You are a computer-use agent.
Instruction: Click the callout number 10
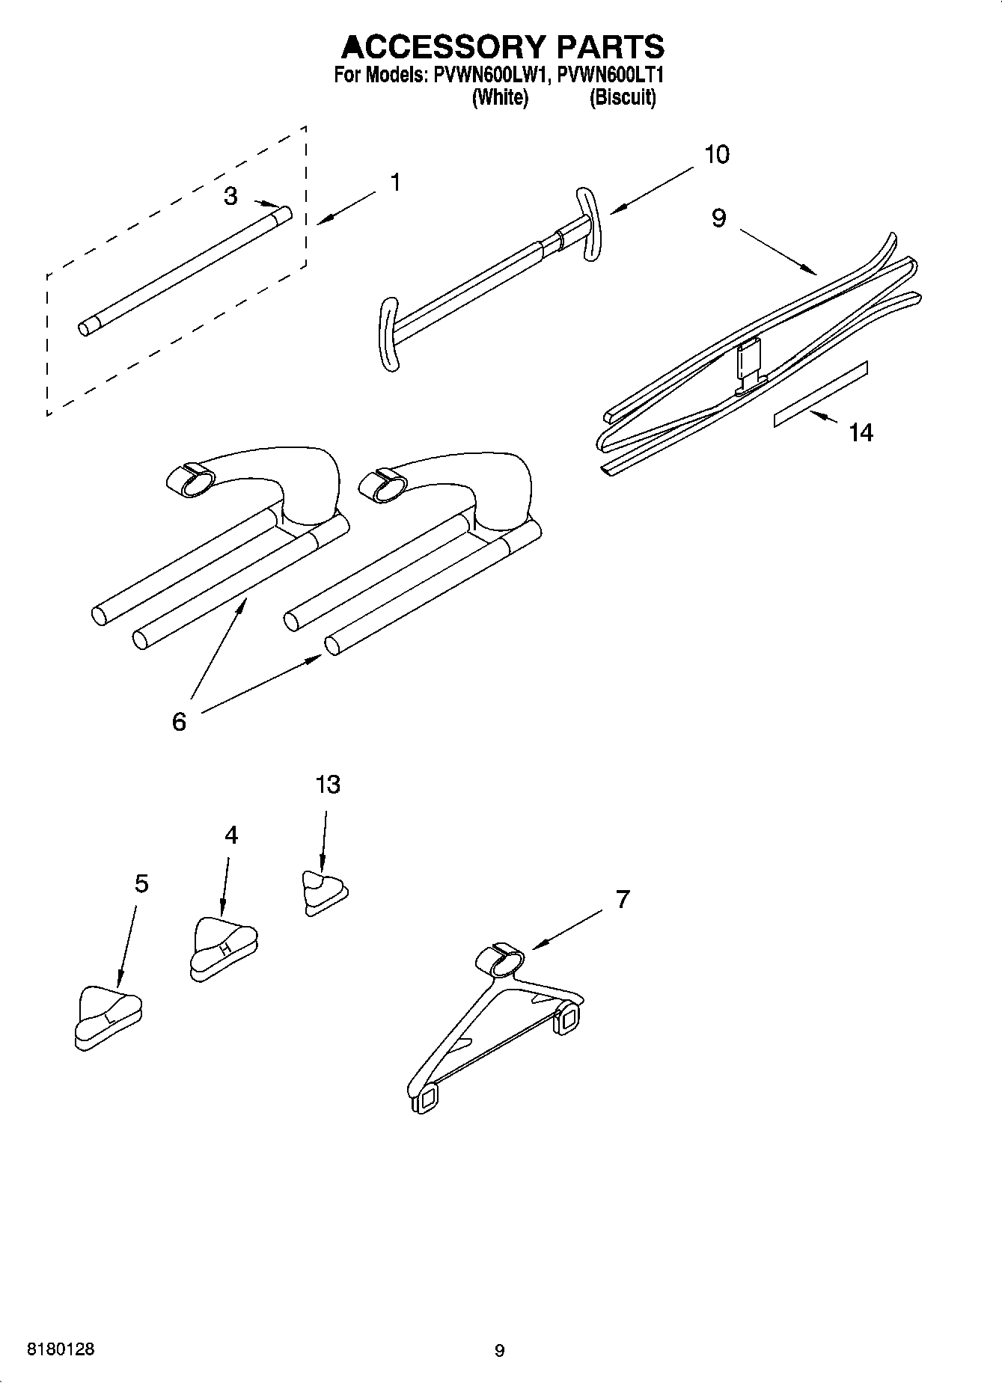click(716, 155)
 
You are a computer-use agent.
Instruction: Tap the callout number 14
click(861, 432)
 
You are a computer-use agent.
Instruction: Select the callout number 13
click(327, 785)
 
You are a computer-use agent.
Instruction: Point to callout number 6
click(179, 722)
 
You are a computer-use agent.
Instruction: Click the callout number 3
click(230, 196)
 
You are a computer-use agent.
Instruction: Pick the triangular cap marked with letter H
click(224, 947)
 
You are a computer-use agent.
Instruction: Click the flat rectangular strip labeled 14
click(821, 393)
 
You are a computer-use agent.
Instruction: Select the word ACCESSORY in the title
click(443, 47)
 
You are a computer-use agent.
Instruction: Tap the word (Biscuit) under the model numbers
click(623, 98)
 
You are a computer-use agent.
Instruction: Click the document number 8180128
click(61, 1349)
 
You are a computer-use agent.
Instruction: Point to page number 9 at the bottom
click(500, 1351)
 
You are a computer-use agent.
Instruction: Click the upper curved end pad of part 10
click(587, 224)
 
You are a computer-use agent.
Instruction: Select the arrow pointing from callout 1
click(346, 208)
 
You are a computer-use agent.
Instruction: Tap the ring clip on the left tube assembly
click(188, 479)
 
